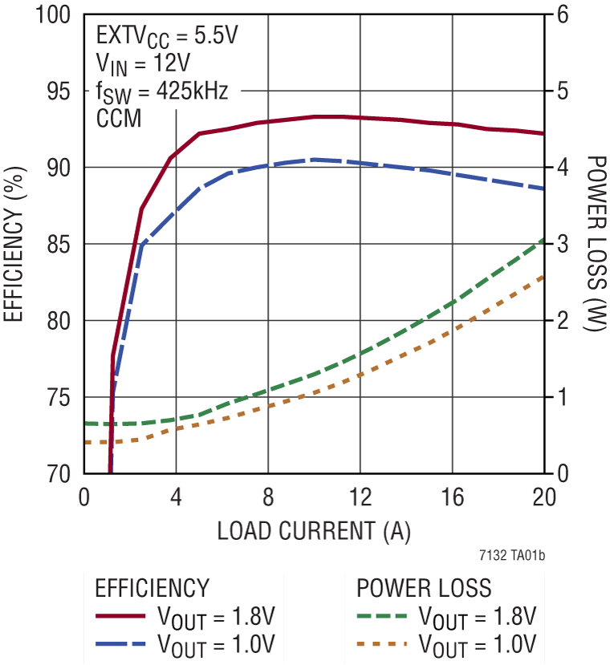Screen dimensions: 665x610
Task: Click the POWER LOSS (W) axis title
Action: [595, 245]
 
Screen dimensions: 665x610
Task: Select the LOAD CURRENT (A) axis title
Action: [314, 530]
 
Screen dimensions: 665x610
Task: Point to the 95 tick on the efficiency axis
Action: [59, 91]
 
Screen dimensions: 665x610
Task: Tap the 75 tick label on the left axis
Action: [59, 398]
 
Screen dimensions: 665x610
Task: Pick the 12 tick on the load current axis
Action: [360, 498]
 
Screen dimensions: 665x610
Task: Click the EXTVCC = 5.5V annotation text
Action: [167, 36]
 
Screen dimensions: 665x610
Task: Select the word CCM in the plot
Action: [119, 119]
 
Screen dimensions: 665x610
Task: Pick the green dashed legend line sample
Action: [380, 617]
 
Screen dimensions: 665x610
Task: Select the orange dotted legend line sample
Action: [380, 644]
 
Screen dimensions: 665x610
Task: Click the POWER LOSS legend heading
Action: [424, 588]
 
